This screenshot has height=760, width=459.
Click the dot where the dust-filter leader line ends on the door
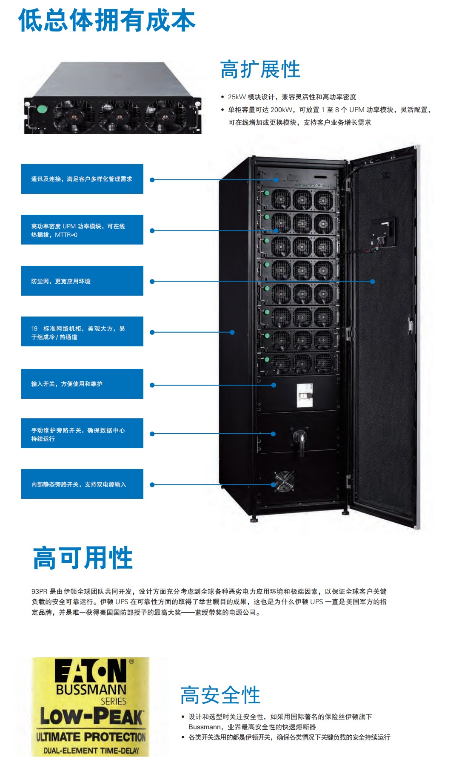tap(373, 282)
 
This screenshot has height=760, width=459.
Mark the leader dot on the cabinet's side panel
tap(232, 332)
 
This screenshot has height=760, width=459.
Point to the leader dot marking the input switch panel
tap(274, 385)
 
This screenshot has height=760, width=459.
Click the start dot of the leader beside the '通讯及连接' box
tap(152, 180)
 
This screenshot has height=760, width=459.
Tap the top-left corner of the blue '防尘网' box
tap(21, 266)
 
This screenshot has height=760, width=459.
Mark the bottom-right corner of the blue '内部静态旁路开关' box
tap(143, 499)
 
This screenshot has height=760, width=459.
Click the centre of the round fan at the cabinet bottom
tap(284, 481)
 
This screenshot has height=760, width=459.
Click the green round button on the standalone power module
tap(42, 109)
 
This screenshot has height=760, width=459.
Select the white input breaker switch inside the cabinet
tap(305, 396)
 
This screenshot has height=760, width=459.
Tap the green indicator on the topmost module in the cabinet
tap(267, 193)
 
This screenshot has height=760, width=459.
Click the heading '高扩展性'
tap(260, 69)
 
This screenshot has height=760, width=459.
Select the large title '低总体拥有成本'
tap(107, 20)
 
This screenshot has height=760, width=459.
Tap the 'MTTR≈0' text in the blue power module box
tap(66, 235)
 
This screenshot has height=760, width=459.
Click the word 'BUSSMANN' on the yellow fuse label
tap(91, 690)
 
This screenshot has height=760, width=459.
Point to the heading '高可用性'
tap(83, 558)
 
